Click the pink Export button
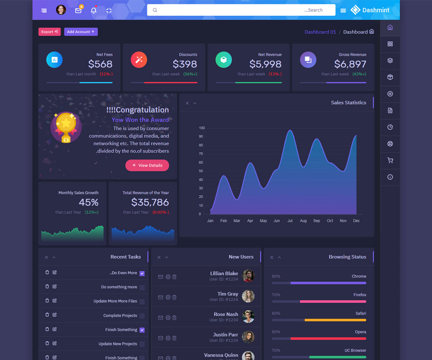coord(50,32)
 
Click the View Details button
coord(147,165)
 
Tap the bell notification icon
coord(94,10)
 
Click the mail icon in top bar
coord(78,10)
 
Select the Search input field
coord(241,10)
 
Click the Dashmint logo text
coord(375,10)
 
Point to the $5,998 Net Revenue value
coord(265,64)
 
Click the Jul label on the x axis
coord(290,221)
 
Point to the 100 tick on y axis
coord(202,128)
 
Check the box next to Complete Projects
coord(142,316)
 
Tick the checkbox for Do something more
coord(142,287)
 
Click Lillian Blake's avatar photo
coord(248,276)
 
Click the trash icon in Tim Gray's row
coord(174,297)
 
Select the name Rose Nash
coord(226,314)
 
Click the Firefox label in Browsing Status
coord(360,295)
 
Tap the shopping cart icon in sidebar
coord(390,161)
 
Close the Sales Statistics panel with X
coord(187,103)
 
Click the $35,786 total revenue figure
coord(150,202)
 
